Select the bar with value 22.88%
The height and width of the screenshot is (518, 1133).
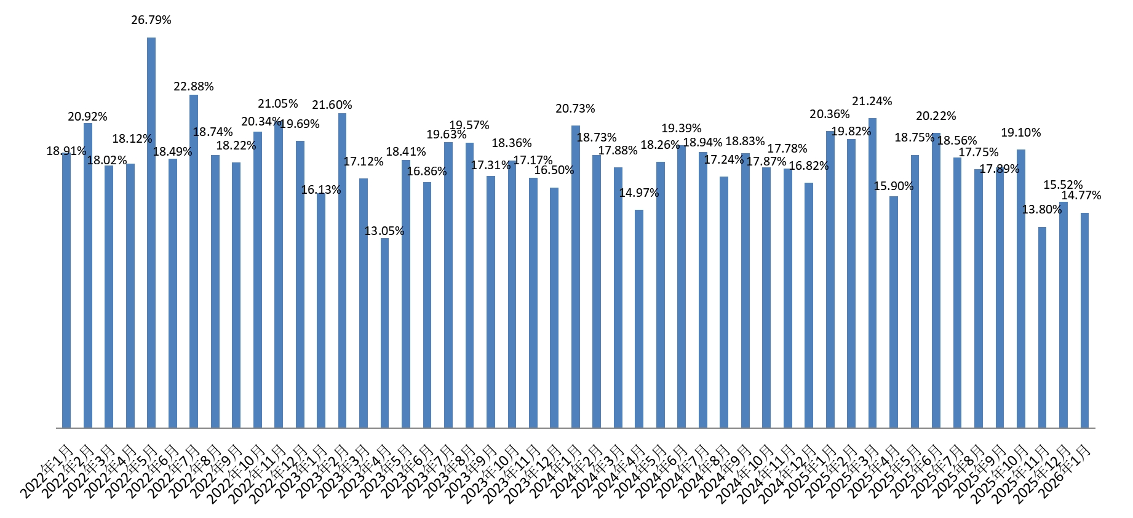pos(194,261)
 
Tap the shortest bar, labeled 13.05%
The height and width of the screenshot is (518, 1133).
pos(384,332)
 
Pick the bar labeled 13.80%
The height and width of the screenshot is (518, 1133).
pos(1042,327)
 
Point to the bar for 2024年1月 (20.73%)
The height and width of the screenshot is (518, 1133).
pos(576,276)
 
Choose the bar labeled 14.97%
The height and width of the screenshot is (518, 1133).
pos(639,319)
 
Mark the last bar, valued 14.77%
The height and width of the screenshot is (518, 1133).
pos(1084,320)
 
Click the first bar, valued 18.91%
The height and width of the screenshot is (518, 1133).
pos(66,290)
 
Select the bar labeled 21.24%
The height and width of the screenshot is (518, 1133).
pos(872,273)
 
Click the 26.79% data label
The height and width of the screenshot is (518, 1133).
pos(151,20)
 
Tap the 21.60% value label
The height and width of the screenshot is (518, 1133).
pos(332,105)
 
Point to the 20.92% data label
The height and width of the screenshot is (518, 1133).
pos(87,116)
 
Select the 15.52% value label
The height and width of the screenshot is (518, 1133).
pos(1063,185)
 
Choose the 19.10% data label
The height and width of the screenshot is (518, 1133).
pos(1021,132)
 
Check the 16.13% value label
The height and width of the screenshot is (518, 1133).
pos(321,189)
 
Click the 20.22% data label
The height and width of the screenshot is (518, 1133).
pos(936,116)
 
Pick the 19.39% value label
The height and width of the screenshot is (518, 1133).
pos(682,128)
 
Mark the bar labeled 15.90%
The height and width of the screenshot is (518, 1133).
pos(894,312)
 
